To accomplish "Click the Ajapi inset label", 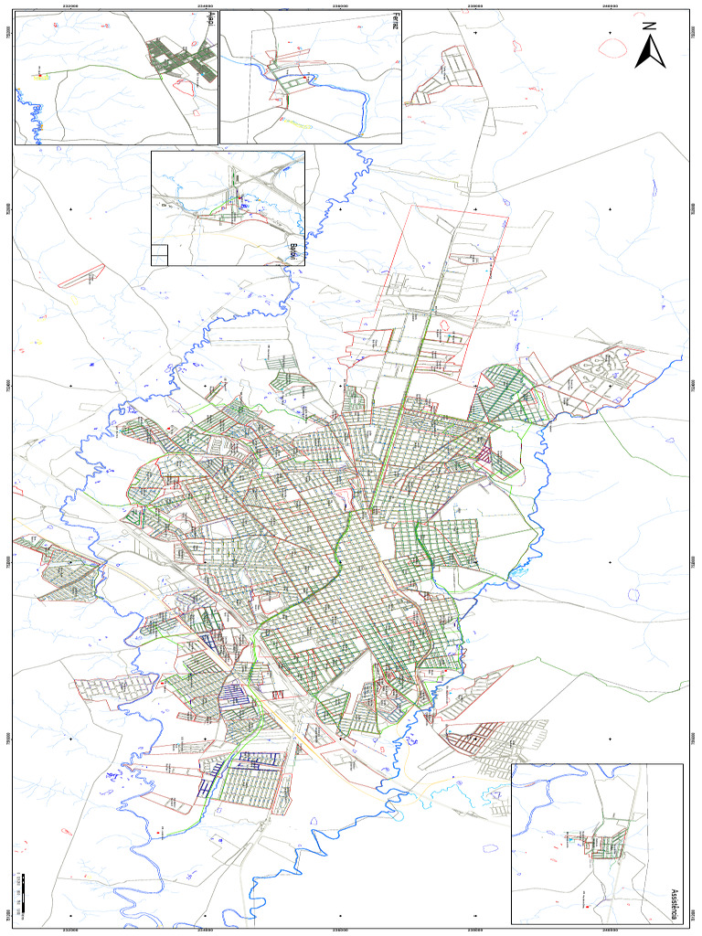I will [x=211, y=19].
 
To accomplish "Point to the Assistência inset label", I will [x=674, y=903].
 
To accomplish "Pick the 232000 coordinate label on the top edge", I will [x=69, y=5].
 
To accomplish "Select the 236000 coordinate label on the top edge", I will [x=340, y=5].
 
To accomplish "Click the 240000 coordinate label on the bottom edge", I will [x=610, y=931].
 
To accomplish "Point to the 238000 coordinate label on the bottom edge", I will [x=475, y=931].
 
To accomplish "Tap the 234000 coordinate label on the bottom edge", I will [x=205, y=931].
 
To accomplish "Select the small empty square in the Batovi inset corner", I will [x=159, y=255].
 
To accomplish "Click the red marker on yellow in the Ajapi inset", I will [x=39, y=76].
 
